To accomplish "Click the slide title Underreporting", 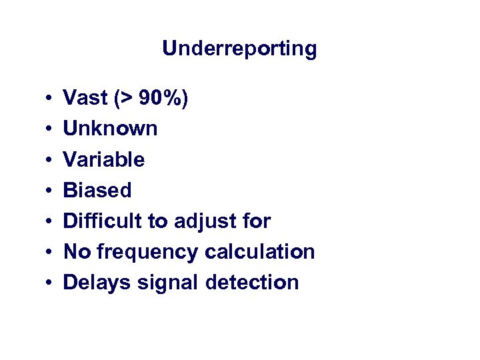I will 239,49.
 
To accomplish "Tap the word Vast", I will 84,98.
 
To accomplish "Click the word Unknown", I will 110,129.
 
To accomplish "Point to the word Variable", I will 103,159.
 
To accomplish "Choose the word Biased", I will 97,190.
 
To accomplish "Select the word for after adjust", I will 257,221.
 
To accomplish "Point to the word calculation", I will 260,251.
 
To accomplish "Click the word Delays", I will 96,283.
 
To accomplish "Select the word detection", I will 252,282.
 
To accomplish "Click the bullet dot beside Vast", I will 51,99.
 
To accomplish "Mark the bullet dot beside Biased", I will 51,191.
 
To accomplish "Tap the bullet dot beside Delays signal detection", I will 51,283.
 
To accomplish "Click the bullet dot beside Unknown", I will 51,129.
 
